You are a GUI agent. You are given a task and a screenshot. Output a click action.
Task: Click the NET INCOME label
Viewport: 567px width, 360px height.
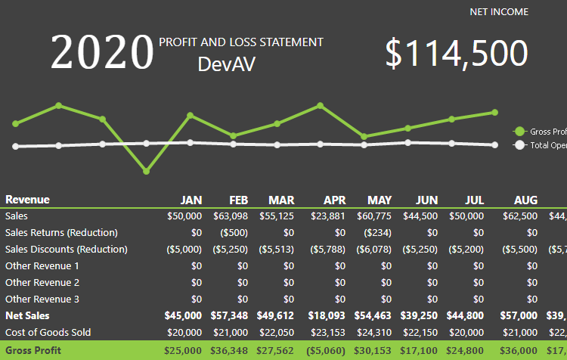click(x=499, y=12)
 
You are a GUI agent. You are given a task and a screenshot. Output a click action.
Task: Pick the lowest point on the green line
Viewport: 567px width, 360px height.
click(x=146, y=172)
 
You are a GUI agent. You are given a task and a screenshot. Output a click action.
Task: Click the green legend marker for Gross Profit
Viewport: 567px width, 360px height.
click(x=519, y=132)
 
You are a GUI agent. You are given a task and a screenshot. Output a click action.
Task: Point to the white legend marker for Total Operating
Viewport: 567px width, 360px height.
click(x=519, y=145)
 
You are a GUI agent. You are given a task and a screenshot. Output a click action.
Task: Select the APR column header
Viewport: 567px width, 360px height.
click(x=335, y=200)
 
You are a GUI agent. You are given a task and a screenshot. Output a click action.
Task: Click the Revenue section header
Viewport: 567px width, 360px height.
click(x=27, y=200)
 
